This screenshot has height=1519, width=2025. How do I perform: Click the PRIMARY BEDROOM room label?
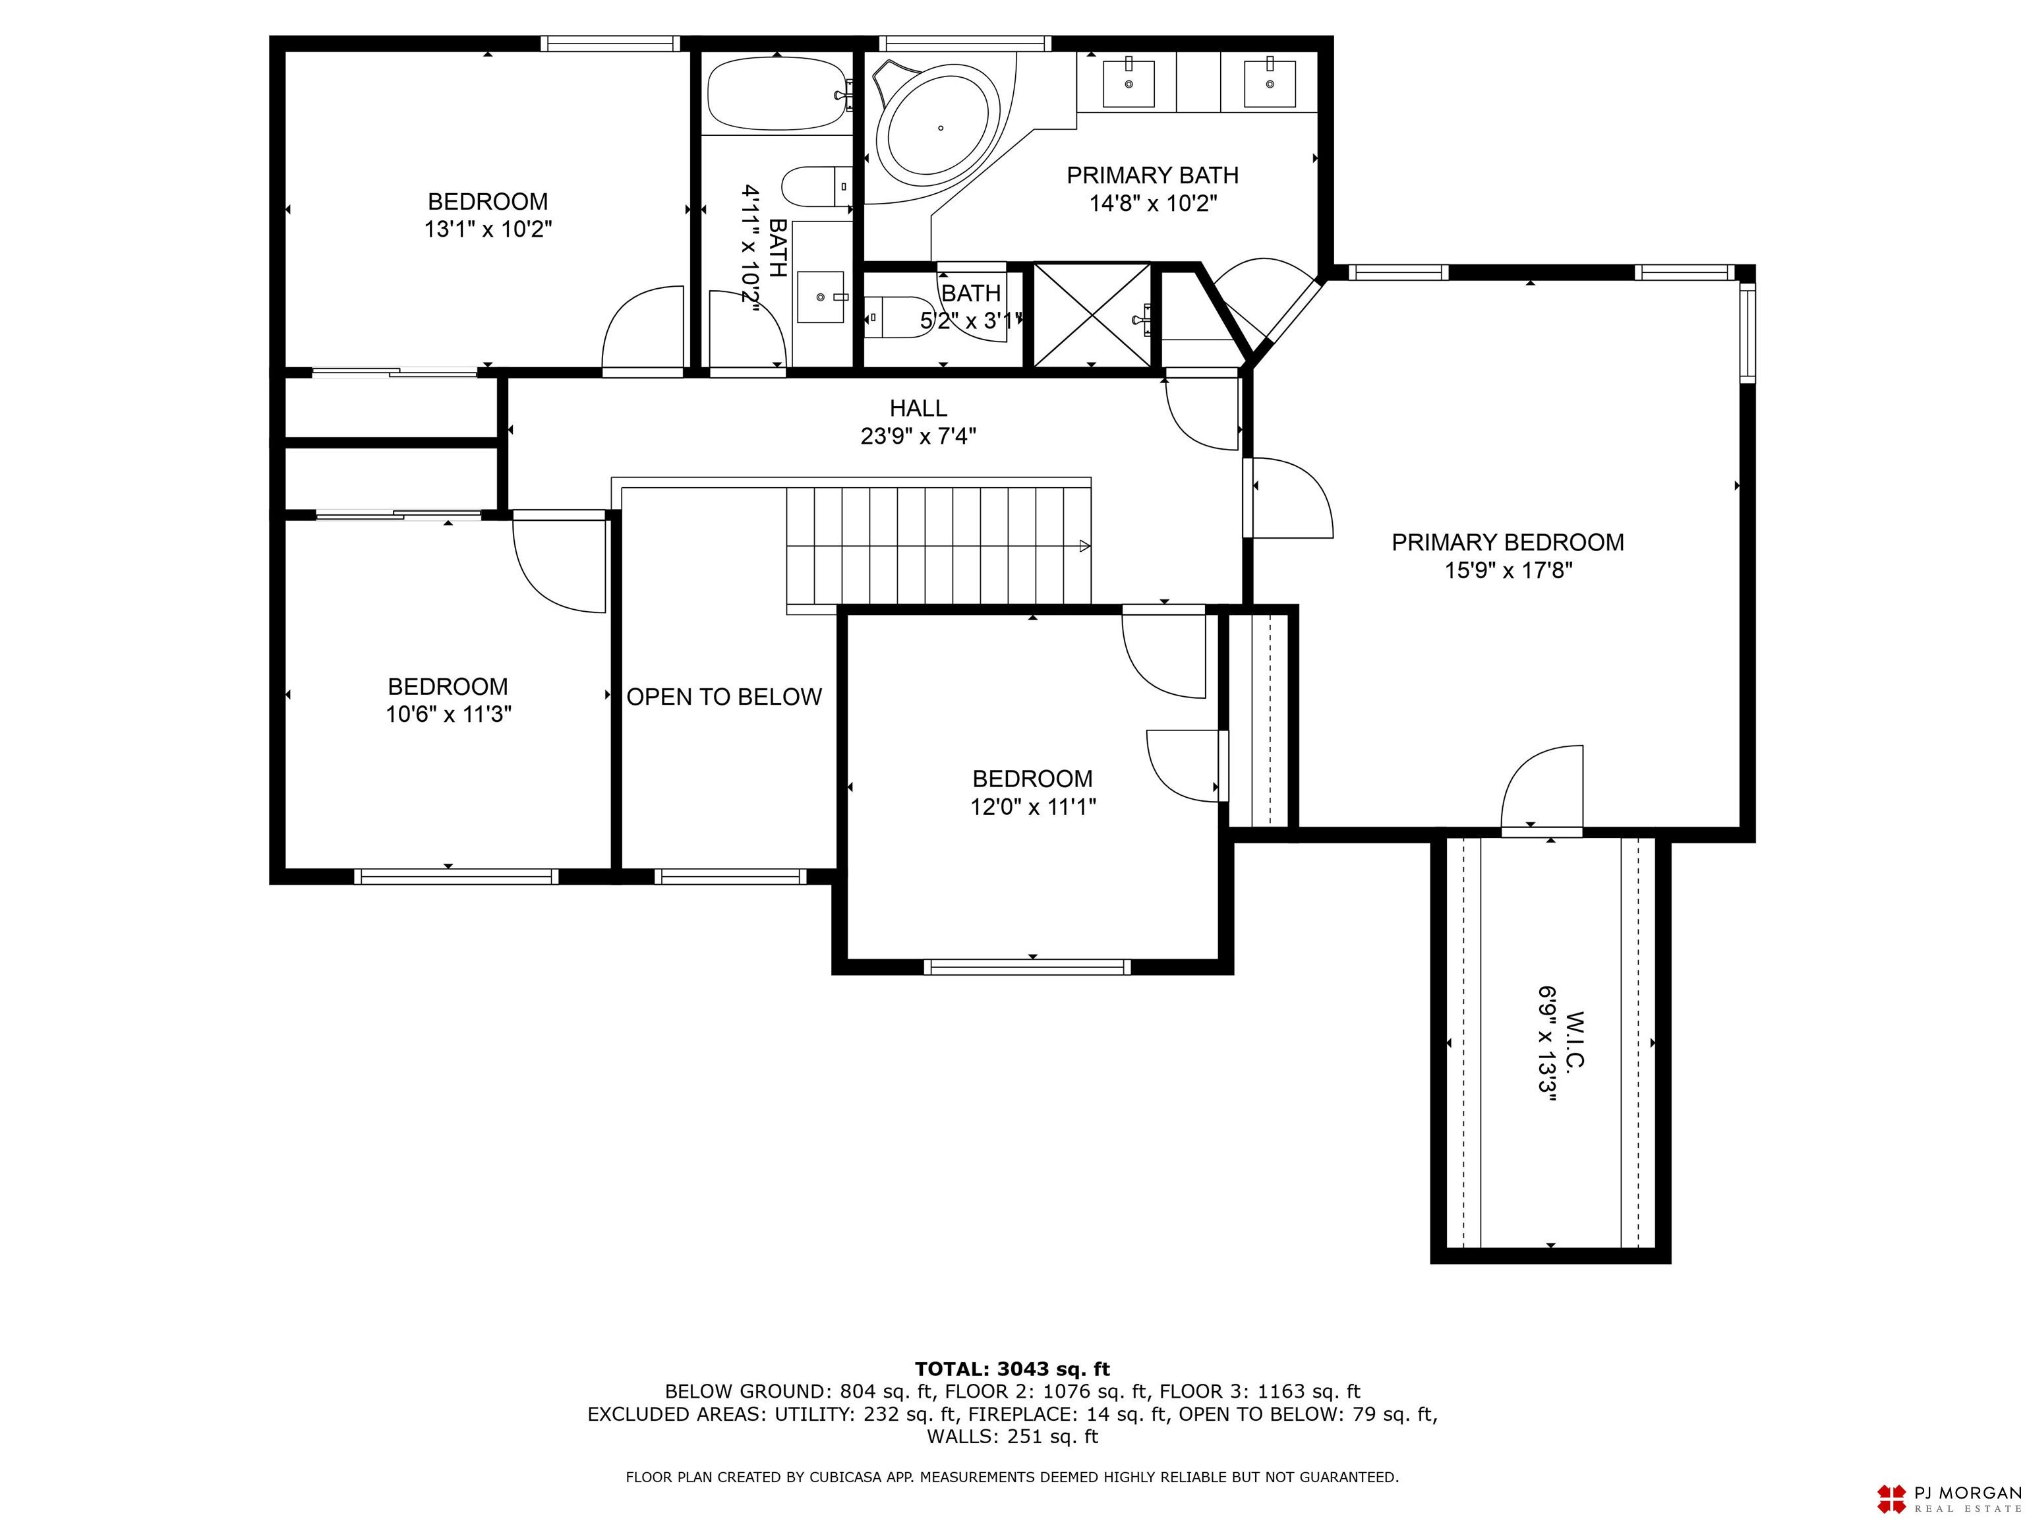click(x=1508, y=542)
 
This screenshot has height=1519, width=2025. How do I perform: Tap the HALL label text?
click(x=918, y=408)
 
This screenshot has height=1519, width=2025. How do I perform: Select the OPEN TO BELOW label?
click(x=724, y=697)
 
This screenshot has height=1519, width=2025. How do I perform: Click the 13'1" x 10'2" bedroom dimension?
click(x=488, y=229)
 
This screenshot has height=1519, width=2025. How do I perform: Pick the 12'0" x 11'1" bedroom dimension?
click(x=1033, y=807)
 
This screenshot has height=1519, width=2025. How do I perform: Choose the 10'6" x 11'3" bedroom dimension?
click(x=448, y=714)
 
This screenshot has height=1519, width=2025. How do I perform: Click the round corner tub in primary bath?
click(x=939, y=128)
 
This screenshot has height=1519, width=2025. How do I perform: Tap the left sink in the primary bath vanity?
click(x=1128, y=82)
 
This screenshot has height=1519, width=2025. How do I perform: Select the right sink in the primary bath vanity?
click(x=1270, y=82)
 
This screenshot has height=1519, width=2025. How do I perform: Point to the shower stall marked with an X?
click(x=1091, y=315)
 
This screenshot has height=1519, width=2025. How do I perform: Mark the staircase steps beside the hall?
click(x=939, y=546)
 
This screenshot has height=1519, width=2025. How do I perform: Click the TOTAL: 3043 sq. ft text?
click(x=1012, y=1369)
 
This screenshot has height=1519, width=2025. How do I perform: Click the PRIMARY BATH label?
click(x=1152, y=175)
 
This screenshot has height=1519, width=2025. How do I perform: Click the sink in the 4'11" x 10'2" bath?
click(x=820, y=297)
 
